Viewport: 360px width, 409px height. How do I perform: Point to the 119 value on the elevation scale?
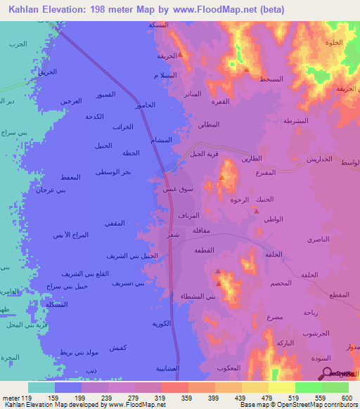coord(27,397)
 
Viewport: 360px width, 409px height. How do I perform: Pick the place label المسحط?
coord(271,79)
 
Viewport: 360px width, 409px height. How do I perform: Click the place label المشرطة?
coord(295,121)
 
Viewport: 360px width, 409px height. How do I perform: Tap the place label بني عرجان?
coord(51,190)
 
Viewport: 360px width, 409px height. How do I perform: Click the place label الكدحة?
coord(94,116)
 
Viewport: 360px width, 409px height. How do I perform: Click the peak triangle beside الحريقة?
coord(181,54)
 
